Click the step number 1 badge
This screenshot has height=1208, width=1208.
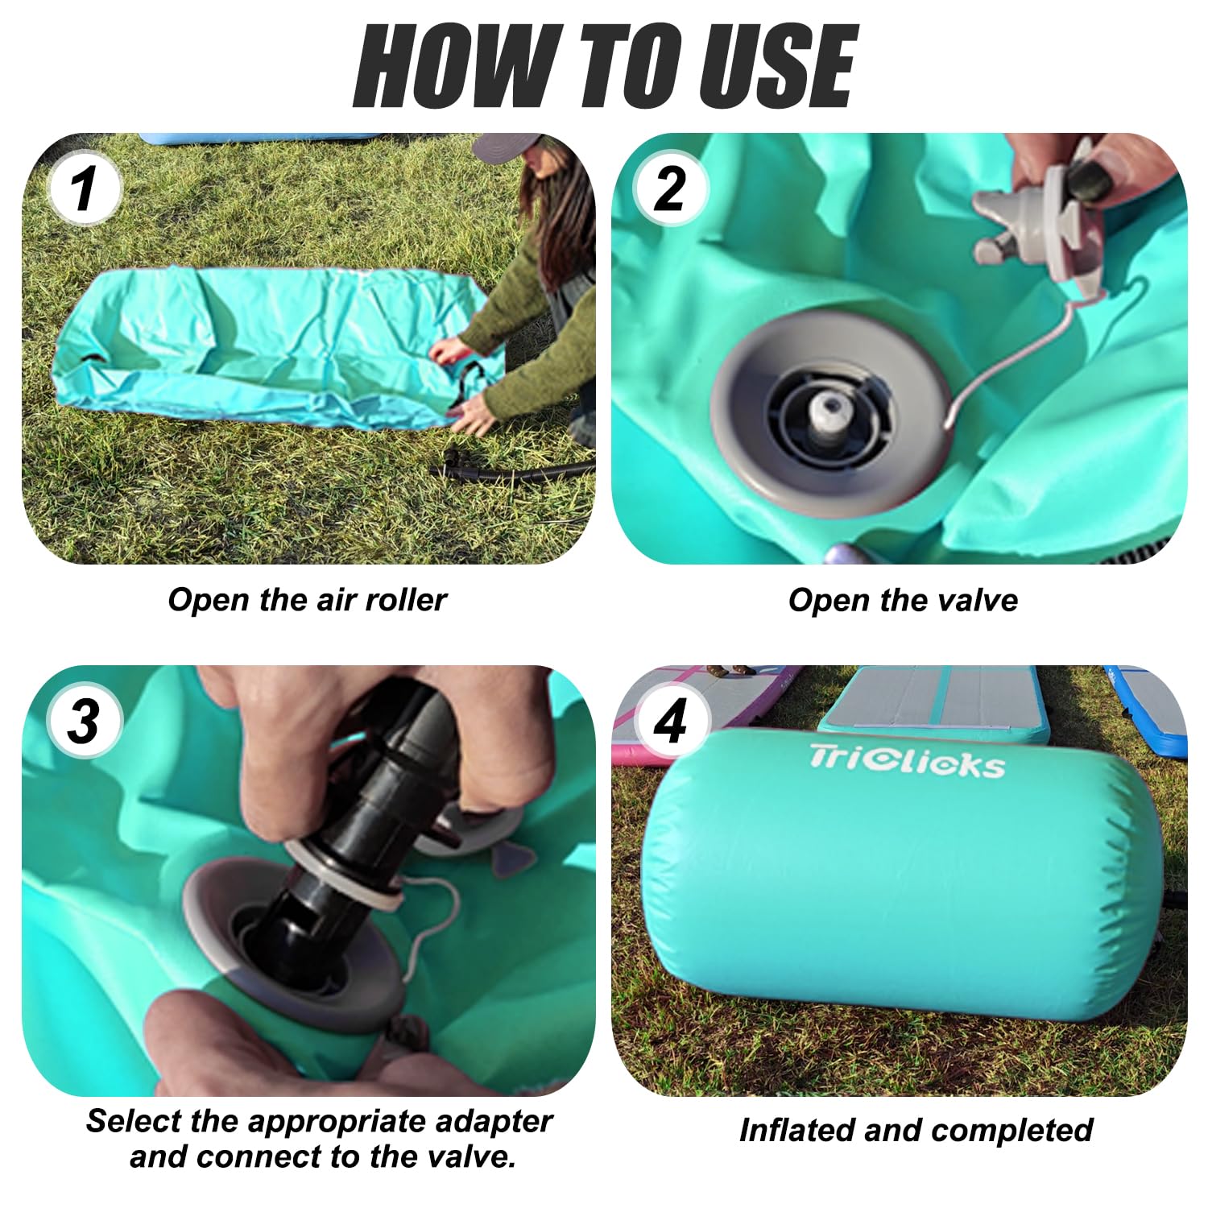pyautogui.click(x=85, y=189)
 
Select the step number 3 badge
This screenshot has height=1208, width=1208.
pyautogui.click(x=85, y=721)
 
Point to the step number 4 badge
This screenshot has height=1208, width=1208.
pyautogui.click(x=670, y=721)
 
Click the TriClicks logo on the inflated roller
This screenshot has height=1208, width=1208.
pyautogui.click(x=908, y=761)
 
